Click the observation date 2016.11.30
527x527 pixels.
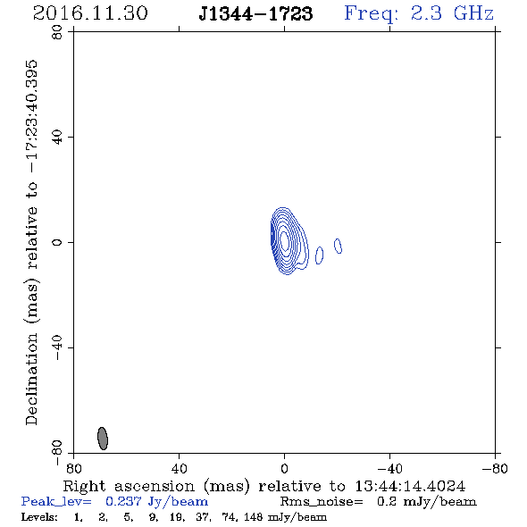tap(90, 13)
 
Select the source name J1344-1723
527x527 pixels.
tap(255, 14)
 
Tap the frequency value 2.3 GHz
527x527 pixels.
tap(452, 13)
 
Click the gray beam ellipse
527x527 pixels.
tap(103, 439)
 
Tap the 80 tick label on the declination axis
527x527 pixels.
tap(57, 32)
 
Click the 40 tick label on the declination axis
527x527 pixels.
tap(57, 138)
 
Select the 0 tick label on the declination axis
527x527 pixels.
tap(57, 242)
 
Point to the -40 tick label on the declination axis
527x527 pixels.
tap(57, 347)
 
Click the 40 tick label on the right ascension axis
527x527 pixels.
tap(179, 469)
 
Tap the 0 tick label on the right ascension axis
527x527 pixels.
tap(284, 469)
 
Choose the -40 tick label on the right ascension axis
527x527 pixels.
tap(389, 469)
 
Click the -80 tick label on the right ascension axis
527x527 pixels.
tap(495, 469)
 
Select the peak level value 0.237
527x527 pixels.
tap(123, 501)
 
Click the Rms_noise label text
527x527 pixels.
tap(322, 502)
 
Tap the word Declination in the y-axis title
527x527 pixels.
tap(31, 379)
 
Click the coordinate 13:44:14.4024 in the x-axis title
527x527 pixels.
tap(410, 486)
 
